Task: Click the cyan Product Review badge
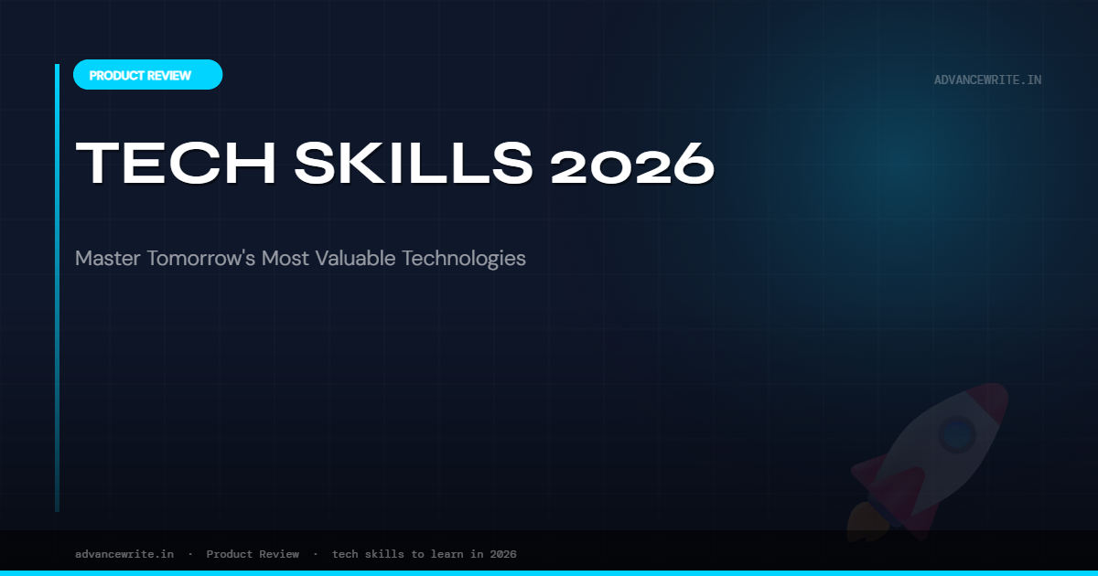click(147, 75)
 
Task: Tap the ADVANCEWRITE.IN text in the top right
click(987, 80)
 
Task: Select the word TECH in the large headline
click(174, 165)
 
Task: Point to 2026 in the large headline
click(632, 165)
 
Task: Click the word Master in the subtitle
click(103, 258)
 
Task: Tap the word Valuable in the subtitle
click(356, 258)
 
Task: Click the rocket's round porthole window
click(957, 432)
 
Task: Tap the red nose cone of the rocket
click(993, 398)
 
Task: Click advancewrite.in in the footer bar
click(124, 554)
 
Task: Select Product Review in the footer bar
click(253, 554)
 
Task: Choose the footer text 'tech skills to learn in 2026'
click(424, 554)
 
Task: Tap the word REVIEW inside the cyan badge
click(170, 76)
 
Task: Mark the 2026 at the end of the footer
click(503, 554)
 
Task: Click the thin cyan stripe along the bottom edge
click(549, 572)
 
